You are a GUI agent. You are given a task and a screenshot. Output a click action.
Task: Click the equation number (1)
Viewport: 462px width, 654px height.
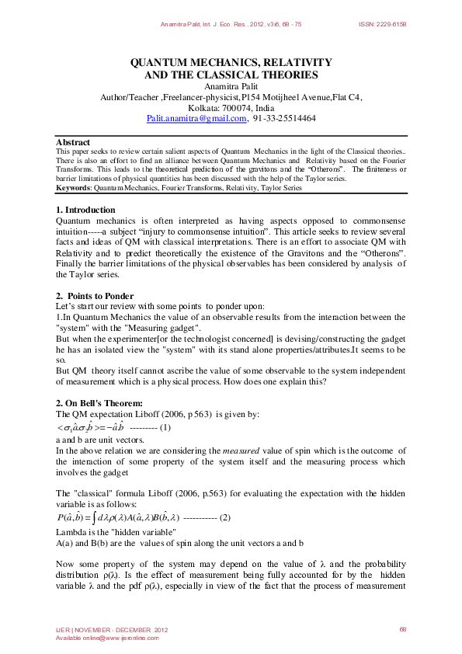[x=165, y=428]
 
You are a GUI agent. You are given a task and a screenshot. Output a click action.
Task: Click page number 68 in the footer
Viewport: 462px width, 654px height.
[x=403, y=629]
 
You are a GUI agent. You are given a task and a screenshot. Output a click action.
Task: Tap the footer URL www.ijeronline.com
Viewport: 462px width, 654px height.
[x=130, y=638]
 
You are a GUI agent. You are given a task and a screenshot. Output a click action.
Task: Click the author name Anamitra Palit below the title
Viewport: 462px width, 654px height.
[x=231, y=86]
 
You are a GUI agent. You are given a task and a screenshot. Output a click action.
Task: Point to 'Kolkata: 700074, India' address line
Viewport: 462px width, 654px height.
[x=231, y=108]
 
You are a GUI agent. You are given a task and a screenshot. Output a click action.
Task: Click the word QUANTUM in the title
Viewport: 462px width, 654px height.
[x=158, y=61]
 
